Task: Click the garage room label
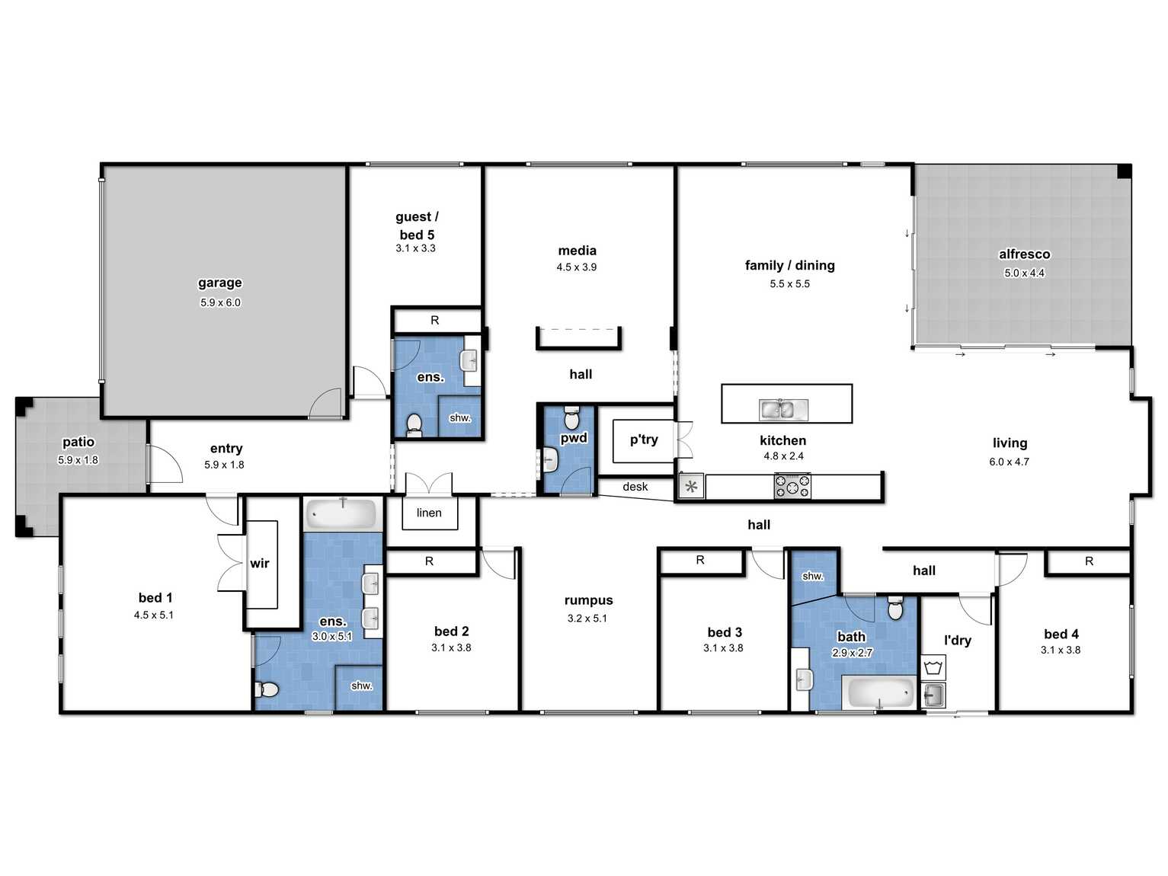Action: pos(219,283)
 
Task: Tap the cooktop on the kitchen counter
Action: pos(792,486)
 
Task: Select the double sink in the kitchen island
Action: pos(783,410)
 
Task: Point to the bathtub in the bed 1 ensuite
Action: pos(343,513)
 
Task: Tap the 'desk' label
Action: pos(635,487)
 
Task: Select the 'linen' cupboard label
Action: pos(429,513)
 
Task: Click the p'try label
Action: pos(644,440)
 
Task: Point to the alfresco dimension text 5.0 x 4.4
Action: pos(1024,273)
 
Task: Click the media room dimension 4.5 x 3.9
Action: pos(576,267)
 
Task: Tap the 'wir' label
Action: pos(260,563)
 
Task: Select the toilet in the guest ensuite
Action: pos(414,426)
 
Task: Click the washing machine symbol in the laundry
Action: pos(933,667)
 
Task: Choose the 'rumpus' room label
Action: pos(588,600)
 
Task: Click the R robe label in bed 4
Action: pos(1089,561)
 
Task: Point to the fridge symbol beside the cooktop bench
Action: pos(691,486)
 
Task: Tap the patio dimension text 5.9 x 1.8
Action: pos(78,460)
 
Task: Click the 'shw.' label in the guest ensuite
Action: pos(460,418)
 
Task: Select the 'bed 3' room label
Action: pos(725,632)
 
